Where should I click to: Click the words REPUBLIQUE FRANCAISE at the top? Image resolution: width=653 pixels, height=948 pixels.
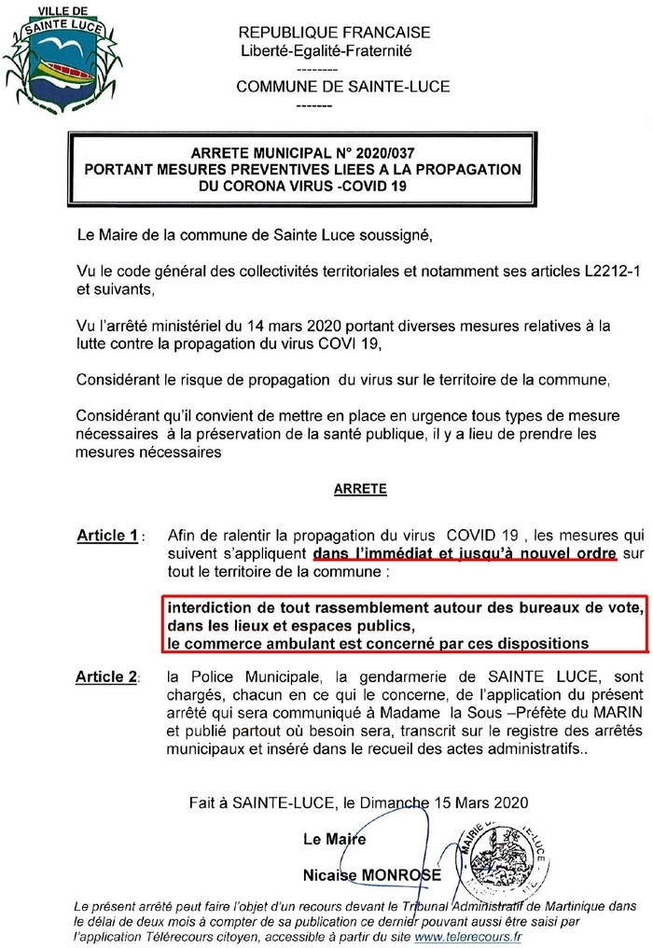pyautogui.click(x=335, y=33)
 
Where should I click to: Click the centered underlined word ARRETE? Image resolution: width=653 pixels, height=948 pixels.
pyautogui.click(x=359, y=488)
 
